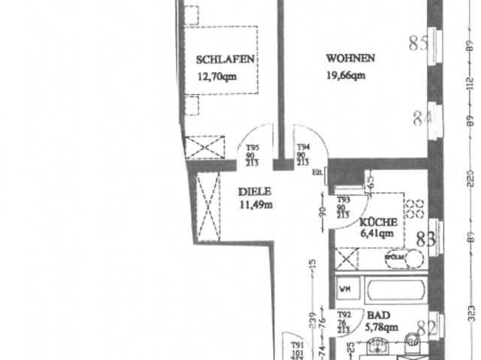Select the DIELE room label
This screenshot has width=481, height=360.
(253, 192)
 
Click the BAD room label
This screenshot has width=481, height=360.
(378, 316)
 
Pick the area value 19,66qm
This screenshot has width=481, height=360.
(346, 74)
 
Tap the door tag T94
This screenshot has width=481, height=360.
(304, 149)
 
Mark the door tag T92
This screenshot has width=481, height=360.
(344, 316)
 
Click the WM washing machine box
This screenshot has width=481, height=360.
(346, 288)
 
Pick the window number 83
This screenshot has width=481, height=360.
(426, 240)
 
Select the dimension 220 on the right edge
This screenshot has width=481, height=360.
(471, 180)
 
